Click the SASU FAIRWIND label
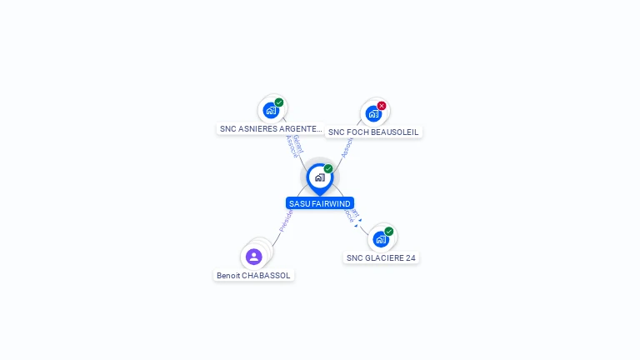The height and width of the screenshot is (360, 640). (x=320, y=203)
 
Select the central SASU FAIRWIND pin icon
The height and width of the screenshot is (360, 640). (x=319, y=177)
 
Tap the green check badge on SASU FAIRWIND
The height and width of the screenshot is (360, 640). (x=328, y=169)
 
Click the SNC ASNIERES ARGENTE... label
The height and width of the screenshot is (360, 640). (x=271, y=129)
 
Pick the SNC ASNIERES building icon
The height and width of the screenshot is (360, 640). (x=270, y=110)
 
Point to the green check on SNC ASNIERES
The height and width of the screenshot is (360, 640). (x=279, y=102)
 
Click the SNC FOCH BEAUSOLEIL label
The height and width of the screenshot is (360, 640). (x=373, y=132)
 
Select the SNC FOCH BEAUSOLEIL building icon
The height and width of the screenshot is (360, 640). (x=372, y=113)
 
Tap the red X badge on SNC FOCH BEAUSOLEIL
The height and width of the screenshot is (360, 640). (x=382, y=106)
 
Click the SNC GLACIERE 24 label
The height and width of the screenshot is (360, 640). (x=381, y=258)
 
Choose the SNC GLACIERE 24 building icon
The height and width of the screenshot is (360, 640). (x=380, y=239)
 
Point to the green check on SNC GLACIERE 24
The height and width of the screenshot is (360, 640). (x=389, y=232)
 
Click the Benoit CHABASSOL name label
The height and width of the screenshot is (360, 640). (x=254, y=275)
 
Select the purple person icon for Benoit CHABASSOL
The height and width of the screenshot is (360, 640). (x=254, y=257)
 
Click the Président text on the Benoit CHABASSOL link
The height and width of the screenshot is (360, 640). (x=286, y=221)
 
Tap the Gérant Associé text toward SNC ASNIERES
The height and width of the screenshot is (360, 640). (x=293, y=145)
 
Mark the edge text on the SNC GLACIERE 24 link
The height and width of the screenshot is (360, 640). (x=353, y=217)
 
